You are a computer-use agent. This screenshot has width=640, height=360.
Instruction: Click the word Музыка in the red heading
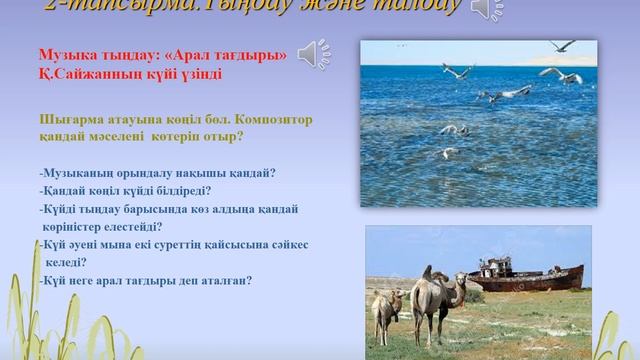tap(92, 54)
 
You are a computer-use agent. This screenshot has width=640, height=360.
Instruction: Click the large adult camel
tap(436, 300)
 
